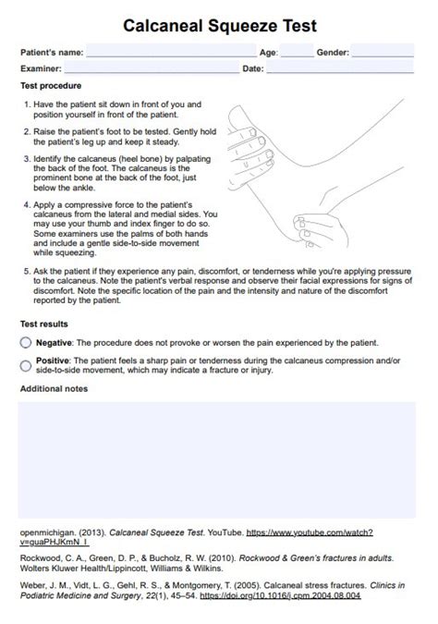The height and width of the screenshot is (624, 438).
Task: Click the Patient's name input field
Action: point(171,53)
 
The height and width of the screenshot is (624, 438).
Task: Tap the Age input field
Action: point(296,53)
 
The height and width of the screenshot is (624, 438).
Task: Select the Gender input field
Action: point(383,53)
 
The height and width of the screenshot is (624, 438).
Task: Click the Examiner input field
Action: point(151,68)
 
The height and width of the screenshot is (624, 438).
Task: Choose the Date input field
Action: point(340,68)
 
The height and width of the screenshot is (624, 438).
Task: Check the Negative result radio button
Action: point(25,342)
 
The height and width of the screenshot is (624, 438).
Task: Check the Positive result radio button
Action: point(25,365)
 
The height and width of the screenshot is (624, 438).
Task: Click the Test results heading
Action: point(44,324)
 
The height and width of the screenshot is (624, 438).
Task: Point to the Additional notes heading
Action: point(54,388)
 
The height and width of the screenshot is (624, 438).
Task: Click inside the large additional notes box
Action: point(218,459)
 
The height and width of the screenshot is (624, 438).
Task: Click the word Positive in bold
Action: point(52,361)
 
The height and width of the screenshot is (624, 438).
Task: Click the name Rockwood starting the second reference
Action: point(41,558)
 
